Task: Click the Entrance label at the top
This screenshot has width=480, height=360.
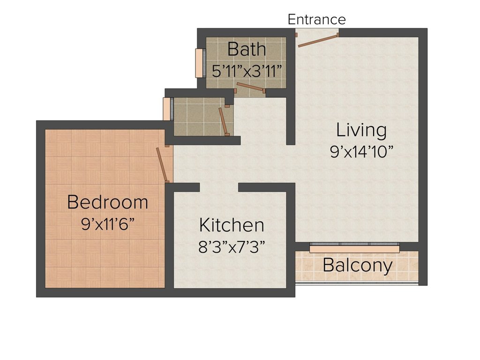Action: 316,19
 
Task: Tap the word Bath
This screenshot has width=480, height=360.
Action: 247,49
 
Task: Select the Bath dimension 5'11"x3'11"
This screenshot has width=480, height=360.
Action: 247,71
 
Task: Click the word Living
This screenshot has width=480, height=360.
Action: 361,130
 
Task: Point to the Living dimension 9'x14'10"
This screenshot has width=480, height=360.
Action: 361,152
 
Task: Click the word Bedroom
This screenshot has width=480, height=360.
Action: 108,202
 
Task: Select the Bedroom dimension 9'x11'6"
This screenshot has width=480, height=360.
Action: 108,224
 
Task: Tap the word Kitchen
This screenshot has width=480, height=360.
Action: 232,225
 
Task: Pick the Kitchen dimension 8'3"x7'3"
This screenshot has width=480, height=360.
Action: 232,247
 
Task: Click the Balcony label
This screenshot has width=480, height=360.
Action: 358,265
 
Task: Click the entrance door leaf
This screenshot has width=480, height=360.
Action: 318,40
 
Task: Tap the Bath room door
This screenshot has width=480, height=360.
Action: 251,88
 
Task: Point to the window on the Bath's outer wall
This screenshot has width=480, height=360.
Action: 199,62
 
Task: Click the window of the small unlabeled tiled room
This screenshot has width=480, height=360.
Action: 167,109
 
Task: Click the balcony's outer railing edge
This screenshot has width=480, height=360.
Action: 356,284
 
